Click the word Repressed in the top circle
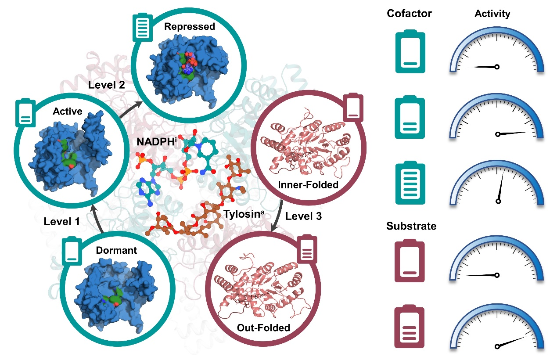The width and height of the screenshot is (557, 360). [189, 27]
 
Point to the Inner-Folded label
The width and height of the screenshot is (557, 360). [308, 184]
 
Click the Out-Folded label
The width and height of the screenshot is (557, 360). [261, 328]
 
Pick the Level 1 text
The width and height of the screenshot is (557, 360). [61, 222]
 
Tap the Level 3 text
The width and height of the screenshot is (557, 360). [303, 216]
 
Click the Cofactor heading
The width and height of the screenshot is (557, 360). [409, 14]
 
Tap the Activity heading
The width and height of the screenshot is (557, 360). [492, 14]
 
